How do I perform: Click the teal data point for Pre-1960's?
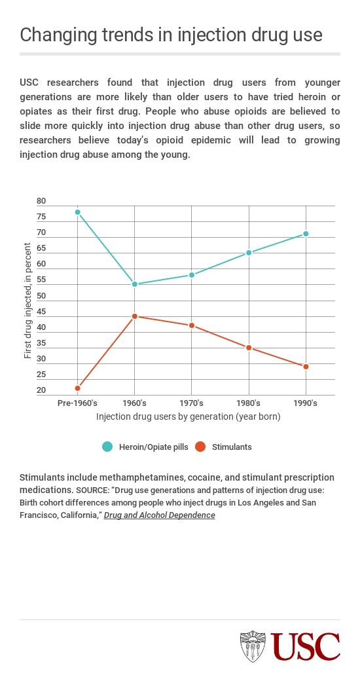(78, 212)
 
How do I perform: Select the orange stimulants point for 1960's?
(135, 316)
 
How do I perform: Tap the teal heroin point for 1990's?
(306, 234)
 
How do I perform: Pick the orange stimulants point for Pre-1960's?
(78, 388)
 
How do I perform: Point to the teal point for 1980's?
(249, 253)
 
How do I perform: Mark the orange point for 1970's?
(192, 325)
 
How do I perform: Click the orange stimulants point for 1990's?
(306, 367)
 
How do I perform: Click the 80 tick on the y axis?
(41, 201)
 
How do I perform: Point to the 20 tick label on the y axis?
(41, 391)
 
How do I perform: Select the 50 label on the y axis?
(41, 296)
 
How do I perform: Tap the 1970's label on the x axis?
(191, 403)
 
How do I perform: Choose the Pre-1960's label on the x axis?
(77, 403)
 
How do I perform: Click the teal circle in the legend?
(107, 447)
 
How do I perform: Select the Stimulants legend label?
(232, 447)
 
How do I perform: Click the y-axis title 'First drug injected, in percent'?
(27, 301)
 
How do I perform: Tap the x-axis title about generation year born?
(188, 416)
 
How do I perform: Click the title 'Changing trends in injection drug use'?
(171, 35)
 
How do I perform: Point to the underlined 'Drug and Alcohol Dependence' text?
(159, 515)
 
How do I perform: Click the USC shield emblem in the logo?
(253, 646)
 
